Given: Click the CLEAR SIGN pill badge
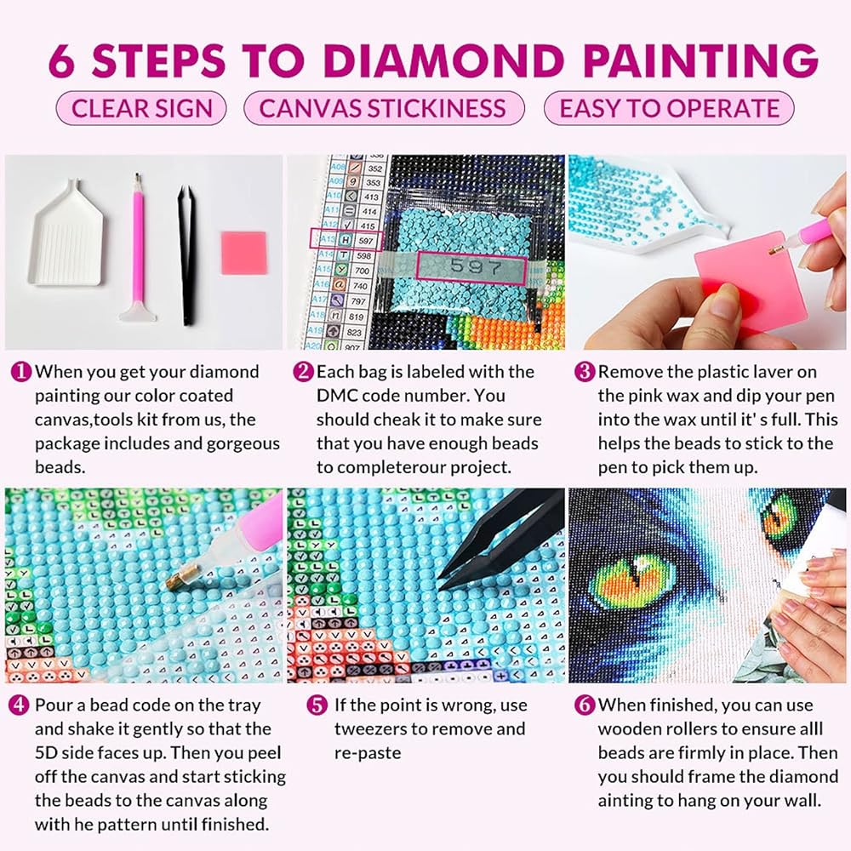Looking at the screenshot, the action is [x=141, y=108].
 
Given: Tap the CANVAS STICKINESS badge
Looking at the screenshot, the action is [x=384, y=108].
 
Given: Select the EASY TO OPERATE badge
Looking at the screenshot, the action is [x=669, y=108].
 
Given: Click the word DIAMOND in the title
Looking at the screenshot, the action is [x=444, y=60].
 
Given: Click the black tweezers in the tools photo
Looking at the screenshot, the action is [x=186, y=255].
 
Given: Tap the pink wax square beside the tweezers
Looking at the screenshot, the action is [x=243, y=253].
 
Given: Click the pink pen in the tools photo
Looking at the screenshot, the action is [x=139, y=247].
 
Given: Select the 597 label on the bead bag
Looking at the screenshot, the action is [x=471, y=267].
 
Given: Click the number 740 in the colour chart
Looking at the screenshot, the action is [x=360, y=285].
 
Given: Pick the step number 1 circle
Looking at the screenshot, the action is [x=21, y=372].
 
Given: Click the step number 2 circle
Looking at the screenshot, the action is [x=303, y=372].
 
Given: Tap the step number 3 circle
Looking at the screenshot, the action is [x=585, y=372].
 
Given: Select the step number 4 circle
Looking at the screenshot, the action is [x=19, y=705].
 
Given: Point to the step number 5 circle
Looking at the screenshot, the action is [x=317, y=705].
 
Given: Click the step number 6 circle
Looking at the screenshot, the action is [x=585, y=705].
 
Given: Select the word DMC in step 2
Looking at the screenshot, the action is [x=336, y=396].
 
